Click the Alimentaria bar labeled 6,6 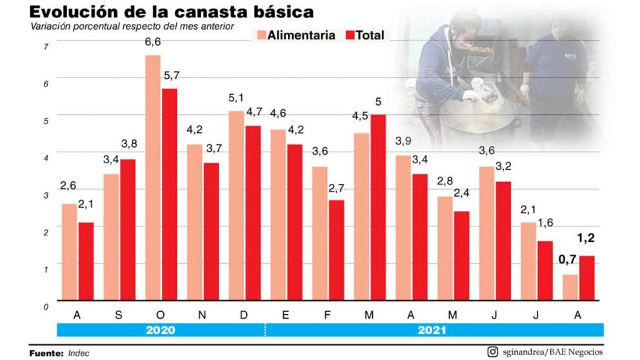click(x=153, y=177)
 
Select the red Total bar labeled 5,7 click(x=169, y=194)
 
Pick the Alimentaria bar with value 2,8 click(x=445, y=248)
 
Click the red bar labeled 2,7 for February click(x=336, y=250)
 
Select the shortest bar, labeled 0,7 click(x=570, y=288)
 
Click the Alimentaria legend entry click(x=295, y=35)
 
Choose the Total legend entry click(x=365, y=35)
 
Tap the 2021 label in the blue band click(x=432, y=330)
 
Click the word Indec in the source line click(x=78, y=353)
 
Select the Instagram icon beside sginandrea click(x=492, y=352)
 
